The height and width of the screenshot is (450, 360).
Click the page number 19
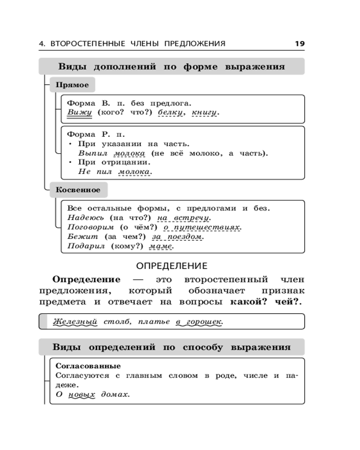click(x=300, y=44)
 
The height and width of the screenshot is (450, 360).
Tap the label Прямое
click(x=72, y=85)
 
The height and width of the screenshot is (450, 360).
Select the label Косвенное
click(x=78, y=190)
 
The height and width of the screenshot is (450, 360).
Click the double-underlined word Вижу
click(x=79, y=112)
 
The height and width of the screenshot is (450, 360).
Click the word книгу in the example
click(x=204, y=112)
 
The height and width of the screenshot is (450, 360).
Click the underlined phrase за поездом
click(x=178, y=237)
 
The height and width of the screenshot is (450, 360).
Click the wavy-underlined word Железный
click(x=75, y=322)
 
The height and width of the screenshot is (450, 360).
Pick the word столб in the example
click(x=114, y=322)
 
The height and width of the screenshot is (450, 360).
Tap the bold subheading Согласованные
click(x=88, y=366)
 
